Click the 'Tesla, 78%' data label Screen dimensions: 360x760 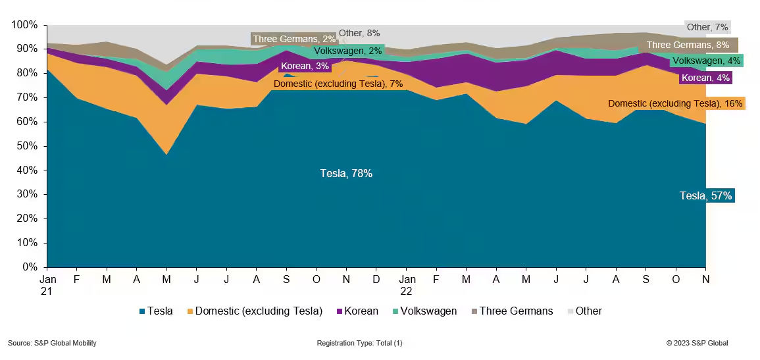[x=346, y=174]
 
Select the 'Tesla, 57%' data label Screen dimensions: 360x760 [x=705, y=195]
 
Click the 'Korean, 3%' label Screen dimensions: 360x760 [x=305, y=66]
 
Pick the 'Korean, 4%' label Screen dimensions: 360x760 [x=705, y=78]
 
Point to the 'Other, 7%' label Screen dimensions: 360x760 [x=707, y=27]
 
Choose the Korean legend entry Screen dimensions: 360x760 [x=357, y=311]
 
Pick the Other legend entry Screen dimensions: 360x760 [x=584, y=311]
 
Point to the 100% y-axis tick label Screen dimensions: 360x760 [x=26, y=25]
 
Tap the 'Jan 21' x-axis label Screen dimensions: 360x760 [x=47, y=284]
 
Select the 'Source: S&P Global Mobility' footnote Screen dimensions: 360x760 [x=52, y=343]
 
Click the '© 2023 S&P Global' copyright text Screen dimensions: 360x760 [x=697, y=343]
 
